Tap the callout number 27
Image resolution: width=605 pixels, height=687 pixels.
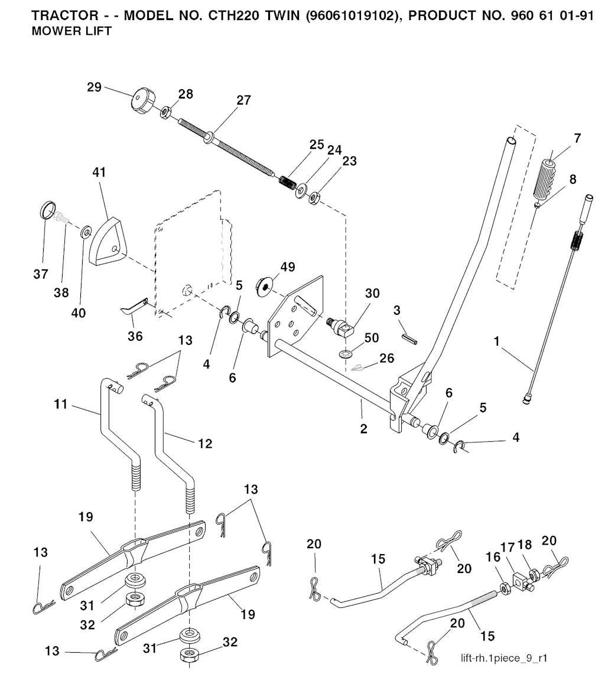tap(243, 100)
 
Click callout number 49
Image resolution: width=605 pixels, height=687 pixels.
tap(288, 268)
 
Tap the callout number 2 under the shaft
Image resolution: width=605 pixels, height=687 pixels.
tap(363, 429)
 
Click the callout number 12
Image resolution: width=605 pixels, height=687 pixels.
tap(205, 442)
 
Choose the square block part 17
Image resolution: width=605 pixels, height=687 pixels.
tap(521, 579)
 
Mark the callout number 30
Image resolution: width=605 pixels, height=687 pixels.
tap(372, 294)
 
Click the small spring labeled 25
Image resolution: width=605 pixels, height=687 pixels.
tap(289, 178)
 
